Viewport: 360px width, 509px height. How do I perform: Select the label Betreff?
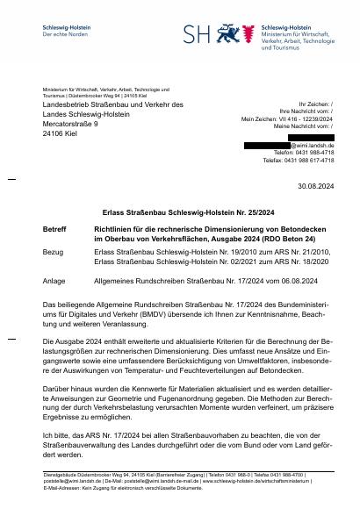pyautogui.click(x=54, y=228)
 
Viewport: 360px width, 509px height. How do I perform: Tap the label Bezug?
pyautogui.click(x=53, y=250)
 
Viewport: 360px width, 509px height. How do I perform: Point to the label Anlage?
pyautogui.click(x=54, y=281)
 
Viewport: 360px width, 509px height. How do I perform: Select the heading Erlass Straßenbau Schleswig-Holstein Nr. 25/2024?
pyautogui.click(x=180, y=212)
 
